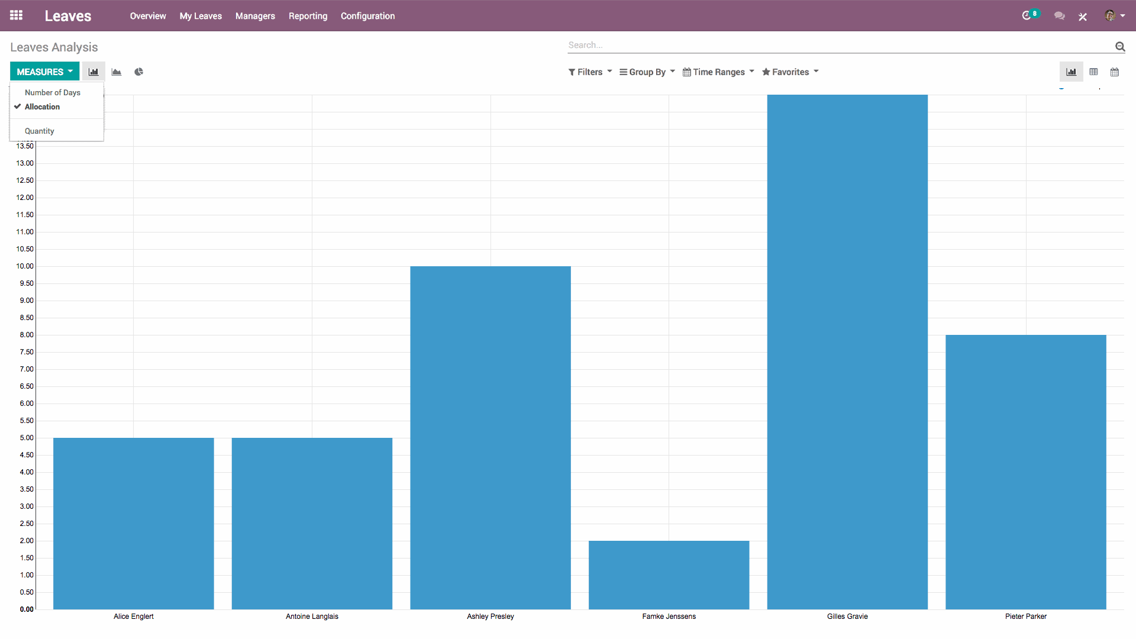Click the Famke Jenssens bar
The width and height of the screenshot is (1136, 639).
pyautogui.click(x=669, y=575)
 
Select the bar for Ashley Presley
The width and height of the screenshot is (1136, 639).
pyautogui.click(x=490, y=437)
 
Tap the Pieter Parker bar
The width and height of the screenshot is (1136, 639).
pyautogui.click(x=1025, y=472)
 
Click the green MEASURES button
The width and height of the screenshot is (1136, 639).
pyautogui.click(x=44, y=72)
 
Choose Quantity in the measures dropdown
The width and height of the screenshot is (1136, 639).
pyautogui.click(x=40, y=131)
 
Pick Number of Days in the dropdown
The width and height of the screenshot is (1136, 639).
pyautogui.click(x=52, y=92)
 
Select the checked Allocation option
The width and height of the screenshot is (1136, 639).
pyautogui.click(x=42, y=106)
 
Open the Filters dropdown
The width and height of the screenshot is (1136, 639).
pyautogui.click(x=590, y=72)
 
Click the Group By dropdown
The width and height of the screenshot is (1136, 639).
pyautogui.click(x=647, y=72)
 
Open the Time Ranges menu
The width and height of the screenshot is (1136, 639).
pyautogui.click(x=718, y=72)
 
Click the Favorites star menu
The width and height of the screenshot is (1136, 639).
pyautogui.click(x=790, y=72)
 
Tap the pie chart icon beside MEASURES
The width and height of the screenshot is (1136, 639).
pyautogui.click(x=138, y=72)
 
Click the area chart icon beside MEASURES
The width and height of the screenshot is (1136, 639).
pyautogui.click(x=117, y=72)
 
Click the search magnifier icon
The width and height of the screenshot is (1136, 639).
pyautogui.click(x=1119, y=46)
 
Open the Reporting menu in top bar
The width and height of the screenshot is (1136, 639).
pyautogui.click(x=308, y=16)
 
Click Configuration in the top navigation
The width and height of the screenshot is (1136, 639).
pyautogui.click(x=367, y=16)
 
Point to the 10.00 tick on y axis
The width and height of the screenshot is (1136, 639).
pyautogui.click(x=25, y=266)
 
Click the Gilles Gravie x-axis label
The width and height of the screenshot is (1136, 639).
pyautogui.click(x=847, y=616)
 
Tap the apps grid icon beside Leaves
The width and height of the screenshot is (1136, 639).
pyautogui.click(x=17, y=15)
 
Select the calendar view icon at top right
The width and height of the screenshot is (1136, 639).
pyautogui.click(x=1114, y=72)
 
